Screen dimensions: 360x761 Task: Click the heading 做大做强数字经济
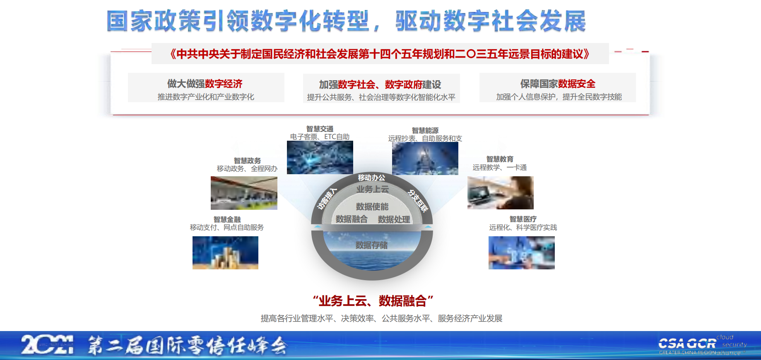(205, 84)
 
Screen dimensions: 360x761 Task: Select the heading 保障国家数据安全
(558, 84)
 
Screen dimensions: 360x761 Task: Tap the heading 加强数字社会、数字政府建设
(380, 84)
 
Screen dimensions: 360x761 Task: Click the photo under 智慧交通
(320, 157)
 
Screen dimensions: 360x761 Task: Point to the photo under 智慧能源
(425, 158)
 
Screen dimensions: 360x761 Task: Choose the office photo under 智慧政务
(244, 193)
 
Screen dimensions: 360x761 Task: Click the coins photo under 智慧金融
(225, 253)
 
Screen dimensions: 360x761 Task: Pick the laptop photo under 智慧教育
(500, 193)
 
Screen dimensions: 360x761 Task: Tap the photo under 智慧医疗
(521, 253)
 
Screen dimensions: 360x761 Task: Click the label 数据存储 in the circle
(371, 245)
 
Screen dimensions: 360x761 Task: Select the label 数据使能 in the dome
(372, 206)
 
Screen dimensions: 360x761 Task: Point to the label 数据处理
(394, 219)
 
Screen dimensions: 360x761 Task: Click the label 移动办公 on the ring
(371, 178)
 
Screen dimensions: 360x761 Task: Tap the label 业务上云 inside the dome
(373, 189)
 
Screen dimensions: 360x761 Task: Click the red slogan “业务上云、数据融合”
(373, 301)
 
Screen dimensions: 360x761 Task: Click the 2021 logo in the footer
(47, 345)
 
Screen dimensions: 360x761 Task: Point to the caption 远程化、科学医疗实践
(523, 227)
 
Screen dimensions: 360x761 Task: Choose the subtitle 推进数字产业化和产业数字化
(206, 97)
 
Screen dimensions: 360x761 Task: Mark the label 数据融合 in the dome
(352, 219)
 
